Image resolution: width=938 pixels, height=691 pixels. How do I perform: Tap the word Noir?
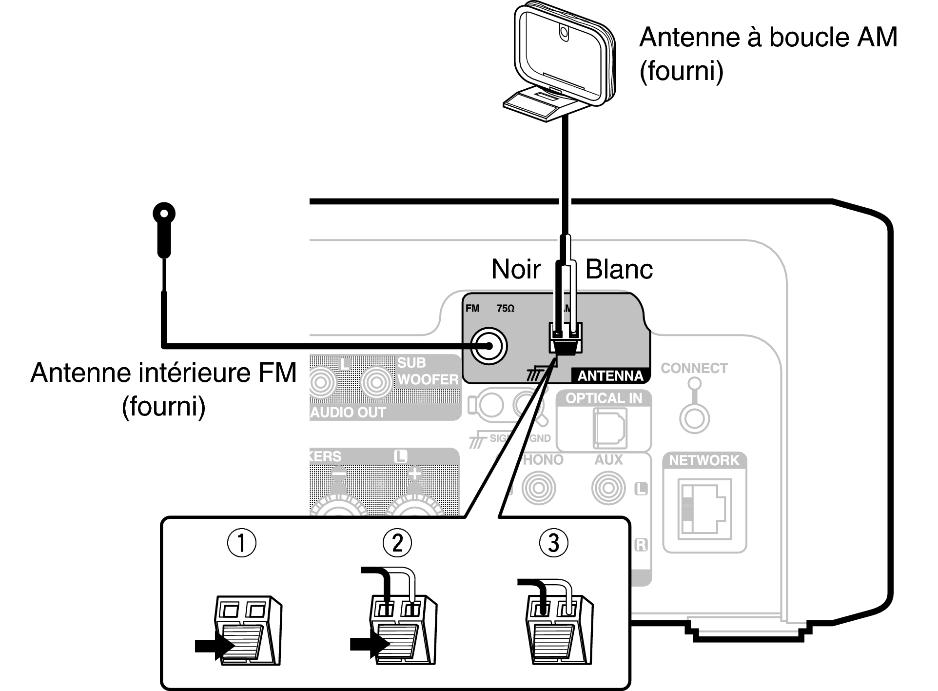[516, 269]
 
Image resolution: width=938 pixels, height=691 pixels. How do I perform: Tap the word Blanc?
[619, 269]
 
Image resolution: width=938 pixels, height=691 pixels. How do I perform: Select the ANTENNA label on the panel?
[610, 376]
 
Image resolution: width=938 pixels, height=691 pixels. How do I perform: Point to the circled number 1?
[242, 543]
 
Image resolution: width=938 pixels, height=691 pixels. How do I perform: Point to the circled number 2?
[397, 543]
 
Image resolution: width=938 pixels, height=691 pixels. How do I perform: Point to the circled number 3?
[553, 543]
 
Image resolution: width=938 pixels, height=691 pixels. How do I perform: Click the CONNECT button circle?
[694, 418]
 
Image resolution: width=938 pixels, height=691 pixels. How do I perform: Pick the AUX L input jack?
[608, 488]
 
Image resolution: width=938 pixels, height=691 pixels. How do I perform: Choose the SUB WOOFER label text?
[427, 371]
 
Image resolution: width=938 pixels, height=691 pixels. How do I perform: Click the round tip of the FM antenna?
[164, 214]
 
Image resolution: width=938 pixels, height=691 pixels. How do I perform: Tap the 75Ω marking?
[506, 308]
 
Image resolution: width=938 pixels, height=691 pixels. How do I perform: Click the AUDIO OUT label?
[348, 413]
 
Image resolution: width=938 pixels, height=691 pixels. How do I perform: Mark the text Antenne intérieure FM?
[163, 373]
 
